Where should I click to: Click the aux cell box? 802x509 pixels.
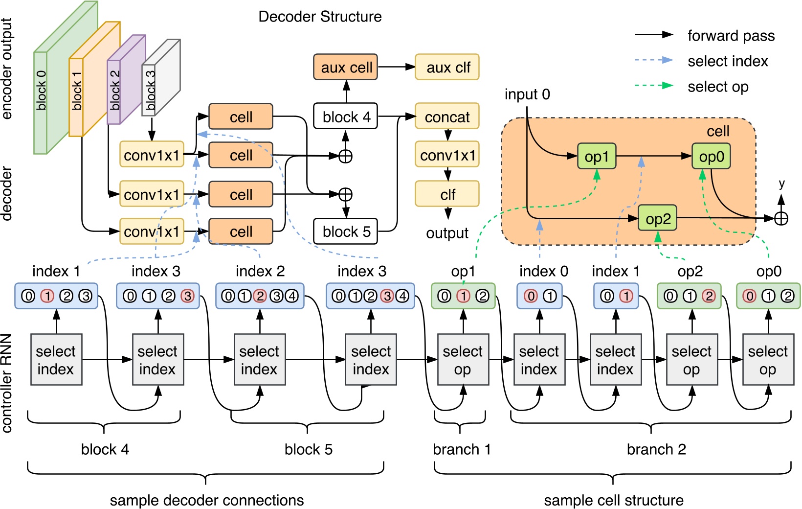(346, 67)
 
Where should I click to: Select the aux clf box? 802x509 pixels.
(447, 67)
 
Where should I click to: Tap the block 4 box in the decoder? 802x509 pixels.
(345, 116)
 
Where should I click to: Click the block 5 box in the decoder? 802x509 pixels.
(345, 231)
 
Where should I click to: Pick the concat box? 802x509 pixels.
(447, 116)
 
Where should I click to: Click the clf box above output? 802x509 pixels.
(447, 194)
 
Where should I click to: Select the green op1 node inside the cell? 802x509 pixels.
(597, 157)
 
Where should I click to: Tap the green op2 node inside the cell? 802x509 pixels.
(658, 218)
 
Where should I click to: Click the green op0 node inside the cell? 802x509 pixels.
(711, 157)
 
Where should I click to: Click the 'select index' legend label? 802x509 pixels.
(727, 61)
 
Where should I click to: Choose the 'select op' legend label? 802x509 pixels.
(717, 87)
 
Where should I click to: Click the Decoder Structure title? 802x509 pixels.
(320, 17)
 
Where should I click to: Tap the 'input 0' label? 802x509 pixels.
(527, 94)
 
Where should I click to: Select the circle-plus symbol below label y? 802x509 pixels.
(781, 218)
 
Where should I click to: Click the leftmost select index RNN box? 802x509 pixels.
(56, 360)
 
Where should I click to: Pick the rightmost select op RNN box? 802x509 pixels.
(768, 360)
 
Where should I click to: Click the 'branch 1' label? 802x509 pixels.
(462, 449)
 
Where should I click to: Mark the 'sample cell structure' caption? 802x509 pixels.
(613, 500)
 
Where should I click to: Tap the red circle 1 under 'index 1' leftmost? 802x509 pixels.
(47, 296)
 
